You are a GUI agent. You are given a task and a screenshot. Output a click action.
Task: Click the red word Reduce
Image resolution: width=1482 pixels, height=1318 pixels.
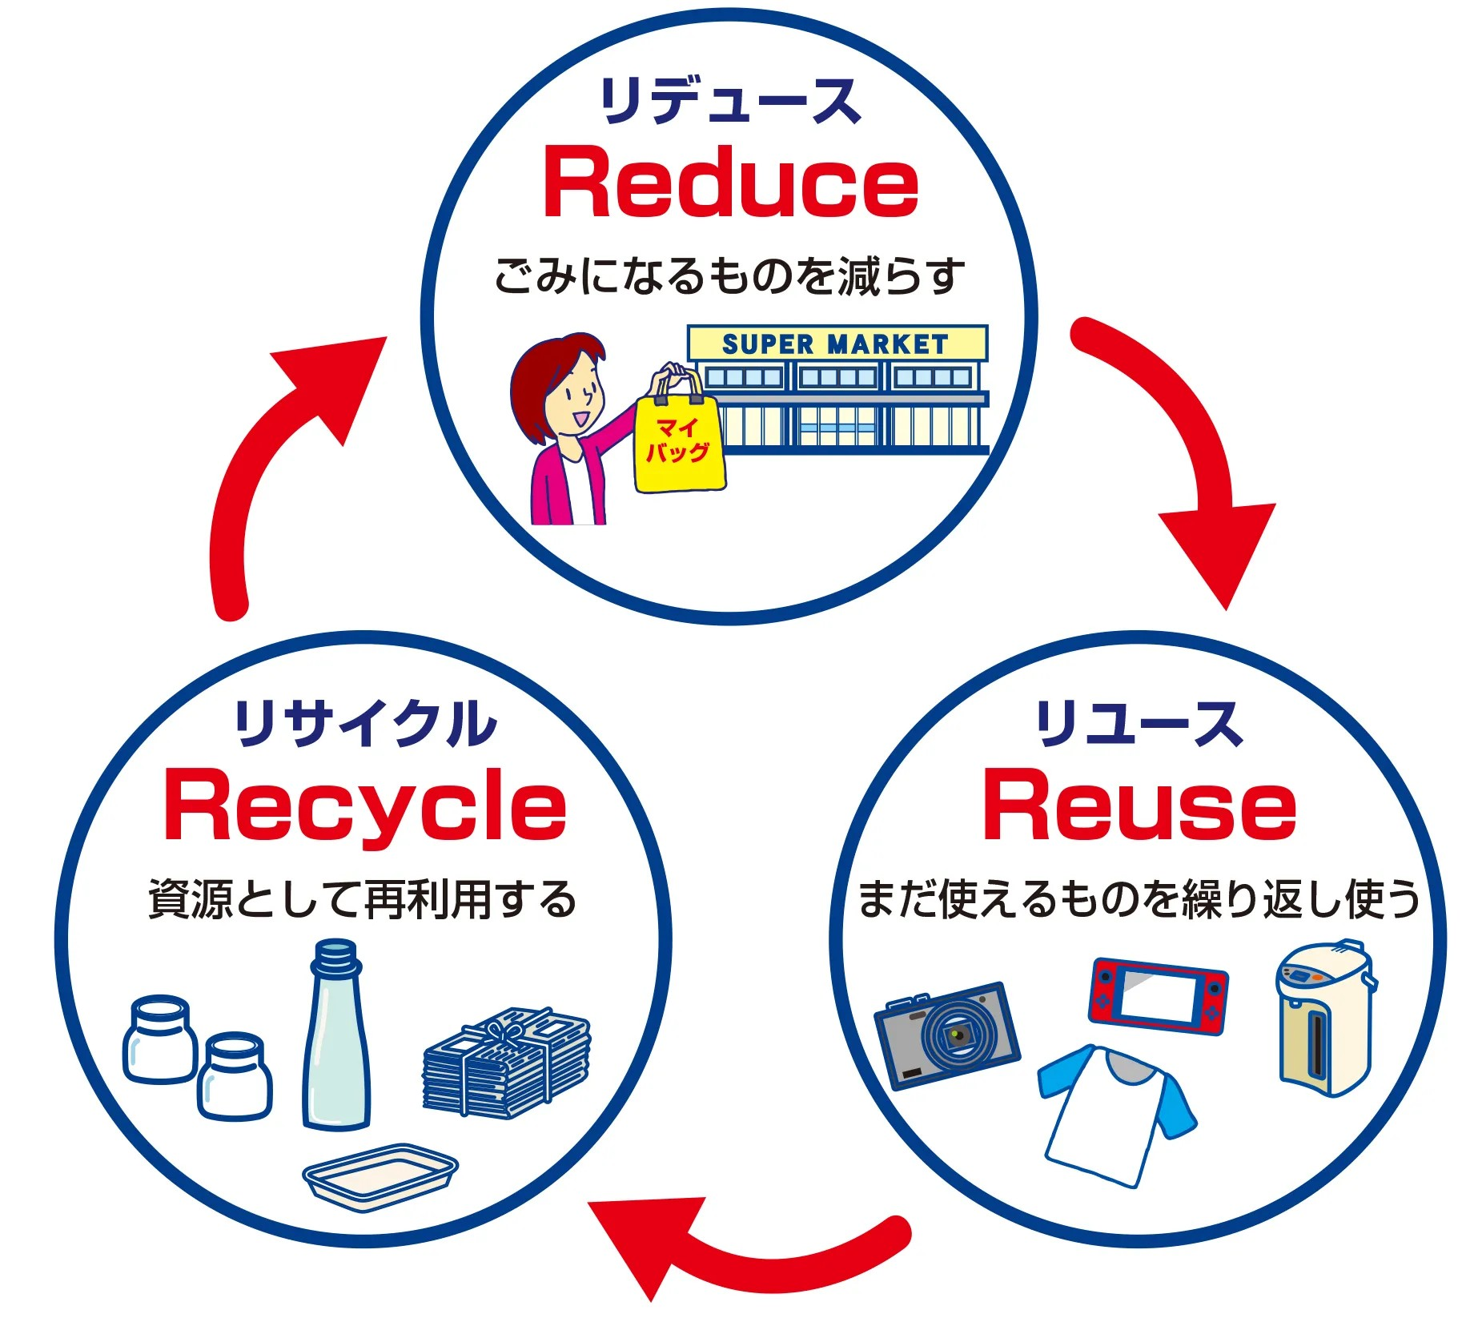pos(729,183)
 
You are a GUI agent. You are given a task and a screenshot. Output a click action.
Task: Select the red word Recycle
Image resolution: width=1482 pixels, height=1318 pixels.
pos(365,807)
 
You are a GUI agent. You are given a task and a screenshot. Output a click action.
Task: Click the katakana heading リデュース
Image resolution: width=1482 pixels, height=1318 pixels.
pos(729,102)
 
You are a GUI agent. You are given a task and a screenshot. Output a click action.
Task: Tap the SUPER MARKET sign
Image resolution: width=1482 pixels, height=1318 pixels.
pos(836,344)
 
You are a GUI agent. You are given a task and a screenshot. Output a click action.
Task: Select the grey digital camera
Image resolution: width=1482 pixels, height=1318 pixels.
pos(946,1035)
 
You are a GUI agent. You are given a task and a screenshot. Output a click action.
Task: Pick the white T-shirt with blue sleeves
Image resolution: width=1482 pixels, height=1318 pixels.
pos(1115,1113)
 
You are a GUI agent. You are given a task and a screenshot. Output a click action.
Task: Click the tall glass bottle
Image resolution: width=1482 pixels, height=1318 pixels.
pos(336,1041)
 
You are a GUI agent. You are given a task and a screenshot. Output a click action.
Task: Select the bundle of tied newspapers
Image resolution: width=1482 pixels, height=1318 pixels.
pos(506,1061)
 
